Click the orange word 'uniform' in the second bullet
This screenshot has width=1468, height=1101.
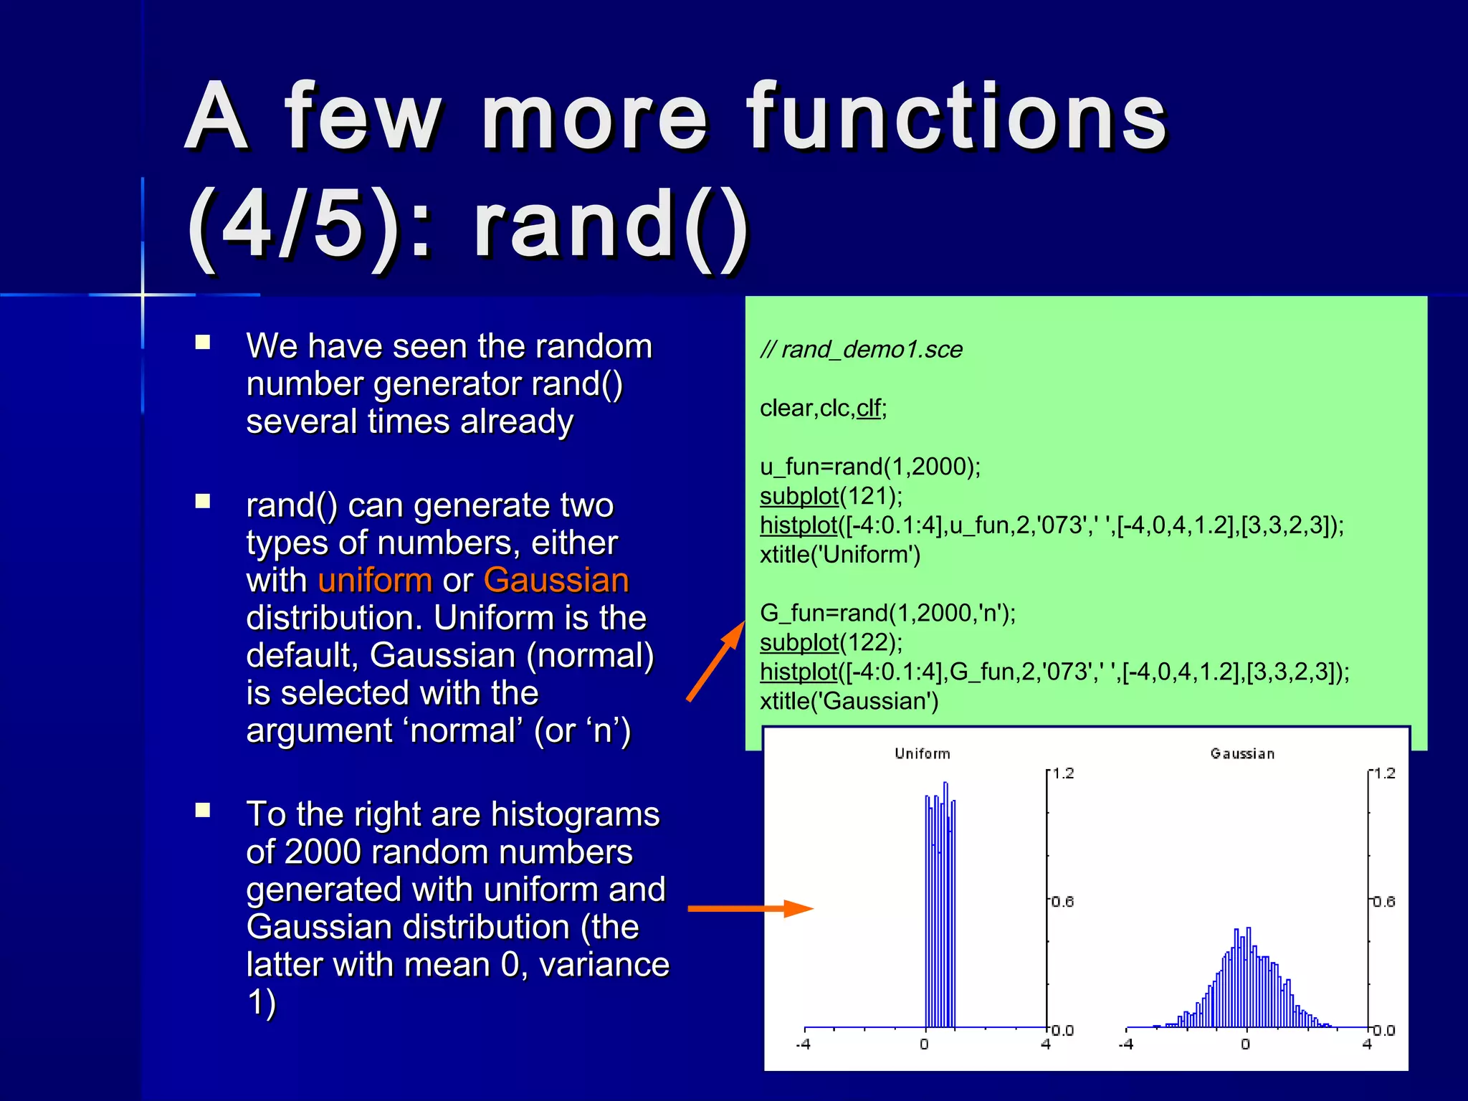click(x=375, y=581)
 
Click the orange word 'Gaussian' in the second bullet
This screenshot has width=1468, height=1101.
click(x=556, y=581)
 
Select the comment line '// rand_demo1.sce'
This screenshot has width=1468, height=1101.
click(x=861, y=350)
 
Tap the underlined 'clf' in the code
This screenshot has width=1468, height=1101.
click(x=868, y=409)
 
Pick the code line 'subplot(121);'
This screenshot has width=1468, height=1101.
click(x=831, y=496)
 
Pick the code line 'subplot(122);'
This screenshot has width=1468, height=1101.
click(x=831, y=642)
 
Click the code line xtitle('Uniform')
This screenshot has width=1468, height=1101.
click(x=839, y=555)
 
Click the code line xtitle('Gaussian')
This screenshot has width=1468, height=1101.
click(x=849, y=701)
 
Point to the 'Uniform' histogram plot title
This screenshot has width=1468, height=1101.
click(x=922, y=754)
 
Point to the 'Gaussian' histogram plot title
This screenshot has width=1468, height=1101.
click(x=1242, y=754)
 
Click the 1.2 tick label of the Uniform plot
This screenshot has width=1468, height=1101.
click(x=1063, y=773)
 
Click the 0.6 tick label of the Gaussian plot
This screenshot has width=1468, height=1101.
click(x=1384, y=902)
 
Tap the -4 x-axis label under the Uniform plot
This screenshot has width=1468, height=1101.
click(x=803, y=1044)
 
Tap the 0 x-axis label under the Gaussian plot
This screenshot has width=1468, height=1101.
click(x=1245, y=1044)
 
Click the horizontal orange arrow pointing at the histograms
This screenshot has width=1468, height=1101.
click(x=750, y=909)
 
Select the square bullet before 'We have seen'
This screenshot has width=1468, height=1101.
click(x=203, y=343)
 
